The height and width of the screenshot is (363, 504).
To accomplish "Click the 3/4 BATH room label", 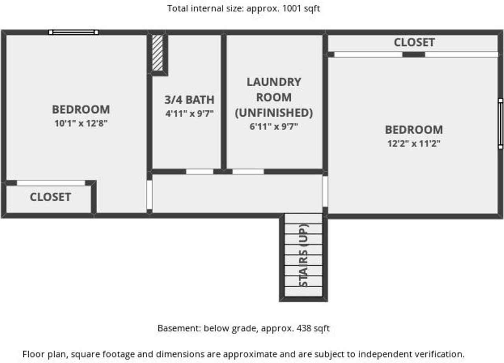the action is (189, 100).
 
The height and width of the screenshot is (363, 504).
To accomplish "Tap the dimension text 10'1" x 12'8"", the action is (81, 123).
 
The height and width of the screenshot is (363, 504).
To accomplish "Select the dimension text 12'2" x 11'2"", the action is (414, 143).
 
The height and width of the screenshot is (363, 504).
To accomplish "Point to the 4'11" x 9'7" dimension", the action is (189, 113).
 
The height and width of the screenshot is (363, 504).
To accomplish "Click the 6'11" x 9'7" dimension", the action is (274, 127).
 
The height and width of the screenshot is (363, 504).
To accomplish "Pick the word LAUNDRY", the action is (274, 82).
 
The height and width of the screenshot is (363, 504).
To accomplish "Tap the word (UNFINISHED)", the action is (274, 113).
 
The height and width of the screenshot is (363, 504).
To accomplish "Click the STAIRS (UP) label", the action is (304, 255).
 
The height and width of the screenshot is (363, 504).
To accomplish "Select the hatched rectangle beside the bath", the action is (157, 53).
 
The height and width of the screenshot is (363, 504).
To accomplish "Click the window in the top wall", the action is (74, 32).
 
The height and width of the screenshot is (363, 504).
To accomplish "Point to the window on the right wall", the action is (500, 124).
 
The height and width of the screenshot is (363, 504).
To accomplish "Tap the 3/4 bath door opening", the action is (200, 171).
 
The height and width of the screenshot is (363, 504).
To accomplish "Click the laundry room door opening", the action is (248, 171).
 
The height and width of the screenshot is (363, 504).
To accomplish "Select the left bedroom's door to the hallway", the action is (149, 195).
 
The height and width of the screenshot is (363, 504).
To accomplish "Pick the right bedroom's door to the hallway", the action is (325, 192).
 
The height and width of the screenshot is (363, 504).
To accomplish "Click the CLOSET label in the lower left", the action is (50, 197).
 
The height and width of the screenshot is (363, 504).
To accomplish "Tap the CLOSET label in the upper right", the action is (414, 42).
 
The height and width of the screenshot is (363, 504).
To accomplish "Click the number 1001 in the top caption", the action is (292, 9).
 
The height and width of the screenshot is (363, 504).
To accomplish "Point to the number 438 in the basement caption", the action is (304, 328).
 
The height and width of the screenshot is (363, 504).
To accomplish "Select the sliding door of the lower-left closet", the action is (51, 183).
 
